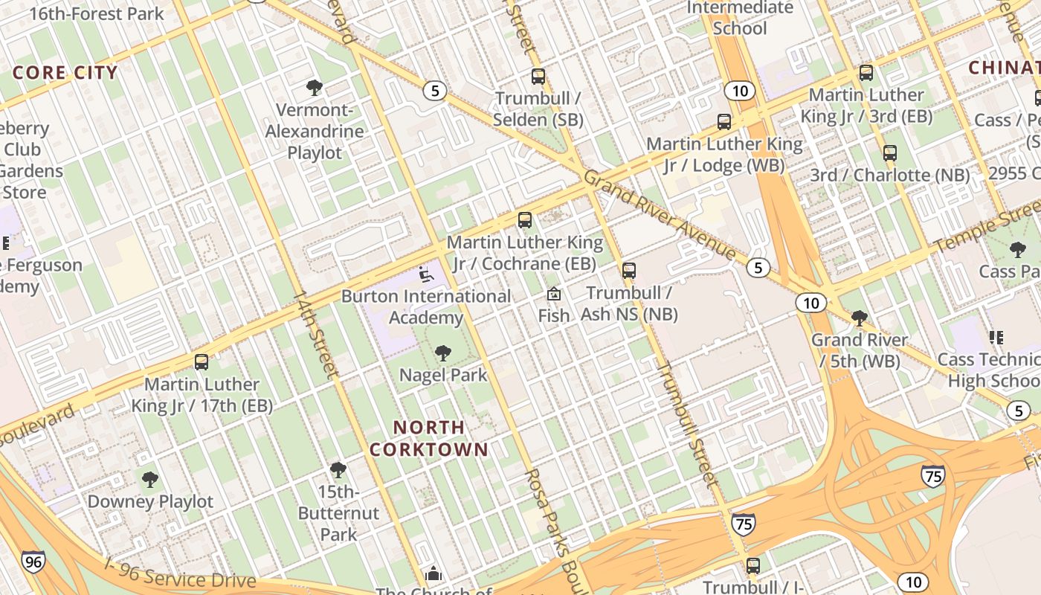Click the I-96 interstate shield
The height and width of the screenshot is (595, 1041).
pyautogui.click(x=33, y=562)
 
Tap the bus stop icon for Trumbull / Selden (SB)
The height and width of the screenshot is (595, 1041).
pyautogui.click(x=538, y=76)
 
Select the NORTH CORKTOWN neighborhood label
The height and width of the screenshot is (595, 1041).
pyautogui.click(x=429, y=439)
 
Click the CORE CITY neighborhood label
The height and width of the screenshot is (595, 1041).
pyautogui.click(x=65, y=72)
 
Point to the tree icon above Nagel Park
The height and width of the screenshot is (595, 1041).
pyautogui.click(x=443, y=353)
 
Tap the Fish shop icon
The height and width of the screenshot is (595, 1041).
pyautogui.click(x=554, y=294)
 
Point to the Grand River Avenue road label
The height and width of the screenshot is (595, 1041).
pyautogui.click(x=658, y=215)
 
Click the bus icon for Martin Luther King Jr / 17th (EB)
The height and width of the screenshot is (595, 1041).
pyautogui.click(x=202, y=362)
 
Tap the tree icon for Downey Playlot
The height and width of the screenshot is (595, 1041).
pyautogui.click(x=150, y=479)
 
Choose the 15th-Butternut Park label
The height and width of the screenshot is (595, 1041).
pyautogui.click(x=338, y=513)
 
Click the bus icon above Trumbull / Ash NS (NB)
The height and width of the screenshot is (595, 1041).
pyautogui.click(x=629, y=270)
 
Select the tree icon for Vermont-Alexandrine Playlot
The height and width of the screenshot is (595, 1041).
pyautogui.click(x=315, y=88)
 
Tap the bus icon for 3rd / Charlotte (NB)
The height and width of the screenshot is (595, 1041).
pyautogui.click(x=890, y=153)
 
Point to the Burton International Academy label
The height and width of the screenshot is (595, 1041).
pyautogui.click(x=426, y=306)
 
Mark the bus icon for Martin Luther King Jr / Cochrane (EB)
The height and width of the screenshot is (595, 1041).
pyautogui.click(x=525, y=220)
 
